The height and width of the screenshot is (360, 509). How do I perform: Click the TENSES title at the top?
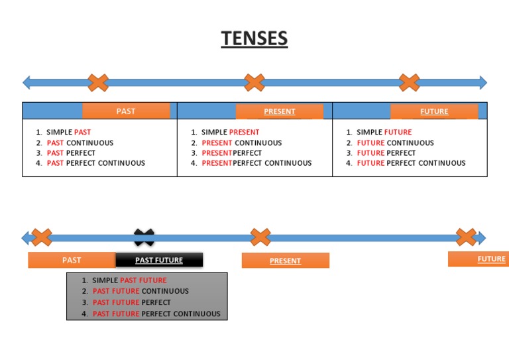tap(254, 38)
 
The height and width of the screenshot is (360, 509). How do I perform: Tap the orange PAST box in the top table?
tap(126, 111)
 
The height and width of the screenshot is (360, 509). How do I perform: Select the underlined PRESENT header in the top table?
tap(280, 111)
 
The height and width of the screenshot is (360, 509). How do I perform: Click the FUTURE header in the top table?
tap(434, 111)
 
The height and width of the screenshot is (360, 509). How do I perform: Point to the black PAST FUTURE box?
tap(159, 260)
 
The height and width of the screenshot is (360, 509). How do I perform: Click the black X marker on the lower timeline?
tap(144, 237)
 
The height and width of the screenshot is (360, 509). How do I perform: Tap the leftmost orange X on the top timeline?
tap(98, 83)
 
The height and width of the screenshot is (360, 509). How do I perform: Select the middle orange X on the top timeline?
tap(254, 83)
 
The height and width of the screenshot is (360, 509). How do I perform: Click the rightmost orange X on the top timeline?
tap(410, 83)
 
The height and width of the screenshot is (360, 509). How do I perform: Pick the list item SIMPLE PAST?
tap(68, 133)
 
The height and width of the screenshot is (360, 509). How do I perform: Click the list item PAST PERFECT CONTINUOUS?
tap(95, 163)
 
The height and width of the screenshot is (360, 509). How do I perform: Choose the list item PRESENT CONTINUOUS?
tap(241, 143)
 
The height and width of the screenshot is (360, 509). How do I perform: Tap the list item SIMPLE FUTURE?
tap(384, 133)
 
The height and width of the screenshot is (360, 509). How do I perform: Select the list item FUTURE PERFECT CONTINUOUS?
tap(411, 163)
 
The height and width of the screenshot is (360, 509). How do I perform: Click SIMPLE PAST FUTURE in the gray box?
tap(129, 280)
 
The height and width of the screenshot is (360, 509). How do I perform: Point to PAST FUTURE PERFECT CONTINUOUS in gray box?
tap(156, 314)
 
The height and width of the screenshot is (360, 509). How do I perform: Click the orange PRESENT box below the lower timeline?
tap(285, 261)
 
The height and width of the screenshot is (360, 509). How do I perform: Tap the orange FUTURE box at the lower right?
tap(479, 259)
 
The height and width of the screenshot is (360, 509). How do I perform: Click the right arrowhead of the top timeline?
tap(482, 83)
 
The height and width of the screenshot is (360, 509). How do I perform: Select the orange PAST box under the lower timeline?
tap(72, 260)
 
